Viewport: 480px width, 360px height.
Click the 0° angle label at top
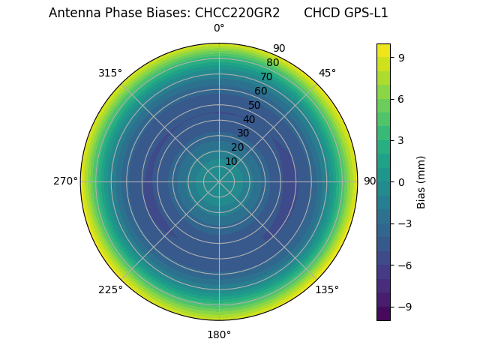[219, 28]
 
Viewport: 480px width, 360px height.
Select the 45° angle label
[327, 73]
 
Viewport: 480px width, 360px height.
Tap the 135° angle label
[327, 289]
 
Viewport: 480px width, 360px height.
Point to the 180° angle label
[219, 334]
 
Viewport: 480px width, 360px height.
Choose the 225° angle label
[110, 289]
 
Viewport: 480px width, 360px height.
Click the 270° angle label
[65, 181]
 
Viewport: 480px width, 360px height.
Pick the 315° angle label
[110, 73]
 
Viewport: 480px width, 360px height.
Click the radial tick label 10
[231, 161]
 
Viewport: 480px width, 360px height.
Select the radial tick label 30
[243, 133]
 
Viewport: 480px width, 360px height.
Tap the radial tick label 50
[255, 105]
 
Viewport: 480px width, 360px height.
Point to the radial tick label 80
[272, 63]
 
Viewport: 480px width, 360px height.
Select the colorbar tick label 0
[402, 181]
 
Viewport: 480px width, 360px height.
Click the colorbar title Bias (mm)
[421, 181]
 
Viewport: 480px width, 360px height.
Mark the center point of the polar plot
[219, 181]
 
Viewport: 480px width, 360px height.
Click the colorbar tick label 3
[402, 140]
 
